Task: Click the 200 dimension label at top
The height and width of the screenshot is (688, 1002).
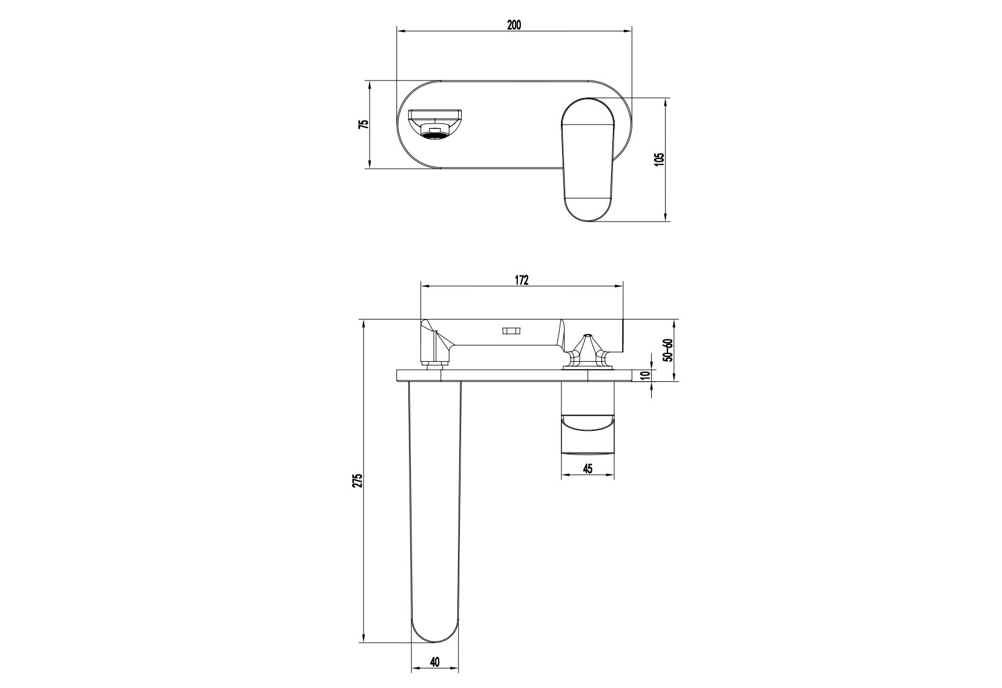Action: point(514,25)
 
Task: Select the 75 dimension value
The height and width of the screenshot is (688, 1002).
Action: point(364,124)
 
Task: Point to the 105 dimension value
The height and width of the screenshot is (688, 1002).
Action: point(660,160)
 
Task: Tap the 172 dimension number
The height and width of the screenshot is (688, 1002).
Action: point(522,280)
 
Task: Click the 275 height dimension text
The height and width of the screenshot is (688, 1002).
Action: point(358,480)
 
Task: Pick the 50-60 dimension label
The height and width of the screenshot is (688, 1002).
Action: point(668,350)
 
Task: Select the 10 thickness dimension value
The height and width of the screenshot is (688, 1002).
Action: point(644,375)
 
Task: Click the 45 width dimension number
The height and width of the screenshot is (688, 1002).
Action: point(588,468)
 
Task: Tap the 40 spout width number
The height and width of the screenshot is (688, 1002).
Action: point(435,661)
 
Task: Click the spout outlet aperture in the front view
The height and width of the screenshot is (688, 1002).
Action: point(436,125)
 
